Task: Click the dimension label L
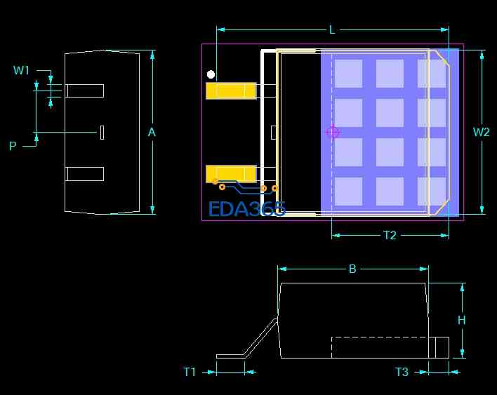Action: (332, 29)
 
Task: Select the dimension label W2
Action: (481, 132)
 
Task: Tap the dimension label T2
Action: (390, 235)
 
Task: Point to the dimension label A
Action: (152, 132)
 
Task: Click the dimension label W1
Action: (22, 70)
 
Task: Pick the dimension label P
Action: (13, 146)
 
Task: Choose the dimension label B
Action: (352, 269)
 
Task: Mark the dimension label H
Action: (461, 320)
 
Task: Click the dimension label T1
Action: (190, 372)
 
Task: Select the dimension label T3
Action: (402, 372)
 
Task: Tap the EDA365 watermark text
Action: (246, 209)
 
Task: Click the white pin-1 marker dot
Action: (211, 74)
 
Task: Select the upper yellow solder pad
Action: (231, 91)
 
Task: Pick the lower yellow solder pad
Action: (231, 173)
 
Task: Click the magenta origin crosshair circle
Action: (333, 132)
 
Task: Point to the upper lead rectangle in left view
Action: (84, 91)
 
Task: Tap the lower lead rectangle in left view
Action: (84, 173)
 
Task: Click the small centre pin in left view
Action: (102, 132)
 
